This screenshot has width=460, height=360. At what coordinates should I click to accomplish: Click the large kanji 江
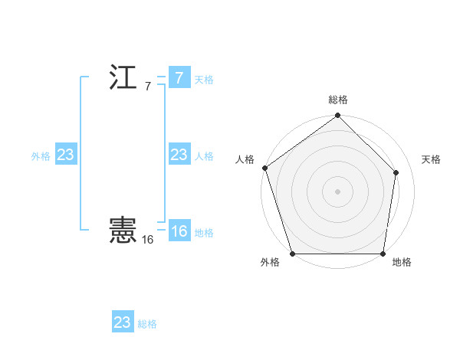123,77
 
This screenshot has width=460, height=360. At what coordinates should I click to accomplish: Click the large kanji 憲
123,231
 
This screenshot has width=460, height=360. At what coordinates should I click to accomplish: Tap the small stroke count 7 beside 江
147,87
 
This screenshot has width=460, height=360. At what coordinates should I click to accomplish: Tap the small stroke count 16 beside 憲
147,240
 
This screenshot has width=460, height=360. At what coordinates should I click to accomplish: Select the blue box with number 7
179,78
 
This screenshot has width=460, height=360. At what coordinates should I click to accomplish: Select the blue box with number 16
179,231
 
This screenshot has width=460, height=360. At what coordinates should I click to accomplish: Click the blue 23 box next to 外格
65,155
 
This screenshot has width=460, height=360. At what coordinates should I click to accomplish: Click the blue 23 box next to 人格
179,155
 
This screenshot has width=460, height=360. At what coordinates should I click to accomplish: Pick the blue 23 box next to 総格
122,322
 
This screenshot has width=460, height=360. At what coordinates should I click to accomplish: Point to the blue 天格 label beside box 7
204,80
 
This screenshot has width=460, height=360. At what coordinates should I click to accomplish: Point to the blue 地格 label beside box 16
204,233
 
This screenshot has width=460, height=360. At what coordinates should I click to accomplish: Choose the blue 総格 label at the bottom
147,324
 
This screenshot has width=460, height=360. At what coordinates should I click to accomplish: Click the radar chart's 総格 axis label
338,100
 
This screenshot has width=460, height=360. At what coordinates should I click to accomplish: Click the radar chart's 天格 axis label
431,159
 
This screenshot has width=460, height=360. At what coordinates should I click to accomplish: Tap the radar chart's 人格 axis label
245,159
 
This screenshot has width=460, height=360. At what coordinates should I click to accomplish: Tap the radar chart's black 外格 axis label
270,262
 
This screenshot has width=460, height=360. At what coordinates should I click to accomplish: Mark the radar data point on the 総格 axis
337,116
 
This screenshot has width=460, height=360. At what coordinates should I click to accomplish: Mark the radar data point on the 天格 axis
396,172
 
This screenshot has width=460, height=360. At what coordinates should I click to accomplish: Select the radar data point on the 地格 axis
382,254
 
